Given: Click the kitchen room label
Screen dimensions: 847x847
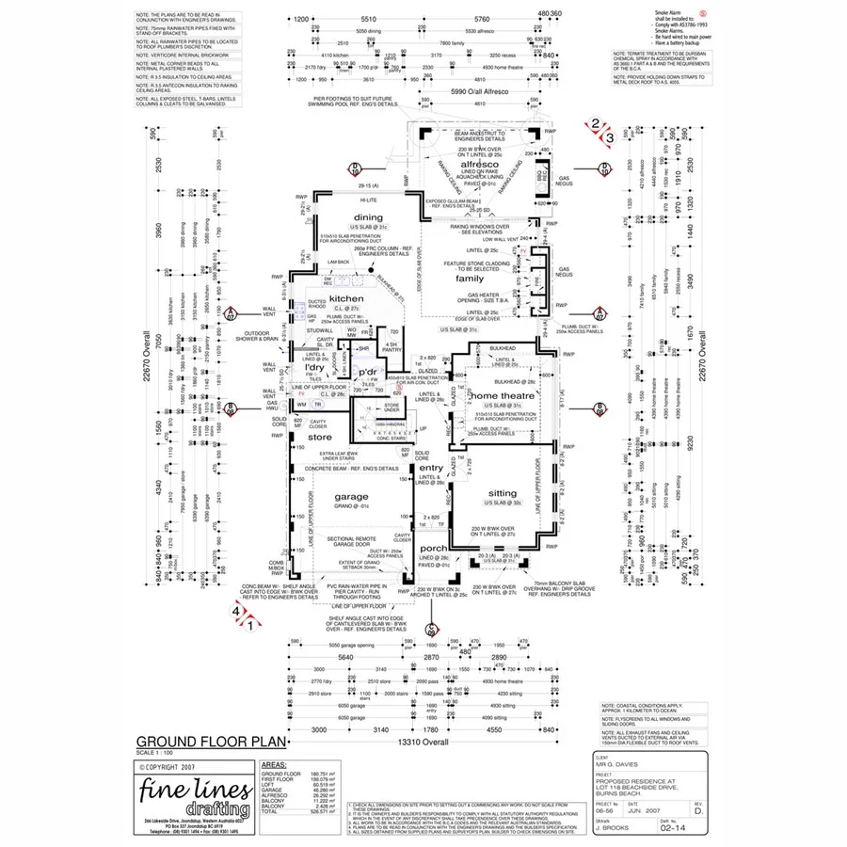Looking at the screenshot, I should pyautogui.click(x=344, y=297).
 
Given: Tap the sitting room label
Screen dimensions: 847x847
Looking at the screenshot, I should pyautogui.click(x=503, y=493).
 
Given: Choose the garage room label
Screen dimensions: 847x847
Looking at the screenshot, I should pyautogui.click(x=350, y=496).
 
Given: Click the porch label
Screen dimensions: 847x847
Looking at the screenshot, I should pyautogui.click(x=434, y=548).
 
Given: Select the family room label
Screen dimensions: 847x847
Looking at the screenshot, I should pyautogui.click(x=470, y=279).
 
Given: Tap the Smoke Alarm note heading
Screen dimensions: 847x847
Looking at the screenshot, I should pyautogui.click(x=668, y=11).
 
